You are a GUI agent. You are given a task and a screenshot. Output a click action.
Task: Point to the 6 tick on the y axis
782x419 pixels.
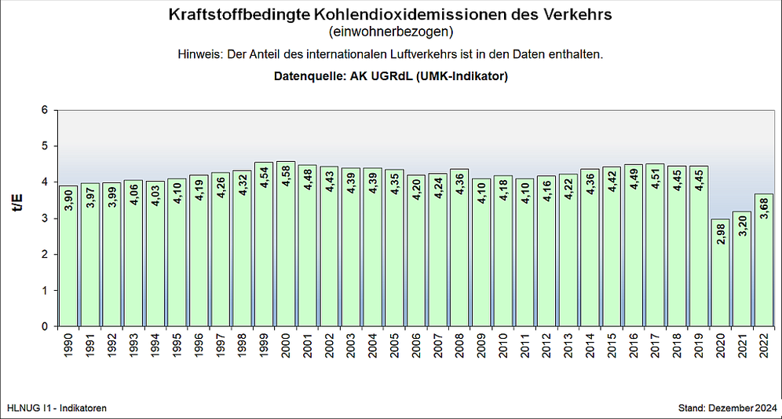pos(44,110)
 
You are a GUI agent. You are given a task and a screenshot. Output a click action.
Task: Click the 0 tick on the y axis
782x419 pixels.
pos(44,326)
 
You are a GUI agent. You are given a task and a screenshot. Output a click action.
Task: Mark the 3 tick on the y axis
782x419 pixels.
pos(44,219)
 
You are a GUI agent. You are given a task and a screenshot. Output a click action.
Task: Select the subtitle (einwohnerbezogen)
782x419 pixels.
pos(391,32)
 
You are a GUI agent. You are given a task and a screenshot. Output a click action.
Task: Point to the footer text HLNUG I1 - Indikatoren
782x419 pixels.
pos(56,409)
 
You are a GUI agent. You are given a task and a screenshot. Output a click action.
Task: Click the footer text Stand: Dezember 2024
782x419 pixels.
pos(727,409)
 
